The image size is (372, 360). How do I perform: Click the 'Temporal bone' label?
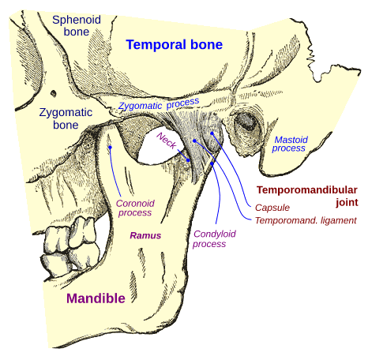coord(175,44)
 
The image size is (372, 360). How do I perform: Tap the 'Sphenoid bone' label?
coord(77,25)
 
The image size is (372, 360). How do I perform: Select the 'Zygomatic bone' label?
coord(66,118)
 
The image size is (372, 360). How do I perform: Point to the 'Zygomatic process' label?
coord(159,104)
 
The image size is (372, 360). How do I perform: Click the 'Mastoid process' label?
coord(289,144)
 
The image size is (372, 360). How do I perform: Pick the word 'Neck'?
coord(167,141)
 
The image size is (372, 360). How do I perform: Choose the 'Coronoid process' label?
coord(135,208)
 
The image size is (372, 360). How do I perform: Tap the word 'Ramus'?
coord(145,235)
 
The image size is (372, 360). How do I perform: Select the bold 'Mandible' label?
coord(96,298)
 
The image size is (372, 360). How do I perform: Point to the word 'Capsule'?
coord(272,208)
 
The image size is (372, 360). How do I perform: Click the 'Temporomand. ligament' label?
coord(306,220)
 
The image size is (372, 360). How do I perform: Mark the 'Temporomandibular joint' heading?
coord(307,196)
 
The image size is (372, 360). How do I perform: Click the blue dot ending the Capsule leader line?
coord(212,133)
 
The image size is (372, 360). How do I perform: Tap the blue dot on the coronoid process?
coord(111,148)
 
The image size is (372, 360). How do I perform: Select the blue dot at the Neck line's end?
coord(188,160)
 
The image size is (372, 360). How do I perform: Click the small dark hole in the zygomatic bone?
coord(54,93)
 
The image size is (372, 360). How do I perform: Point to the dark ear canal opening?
coord(246,122)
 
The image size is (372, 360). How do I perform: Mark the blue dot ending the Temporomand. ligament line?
coord(194,141)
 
